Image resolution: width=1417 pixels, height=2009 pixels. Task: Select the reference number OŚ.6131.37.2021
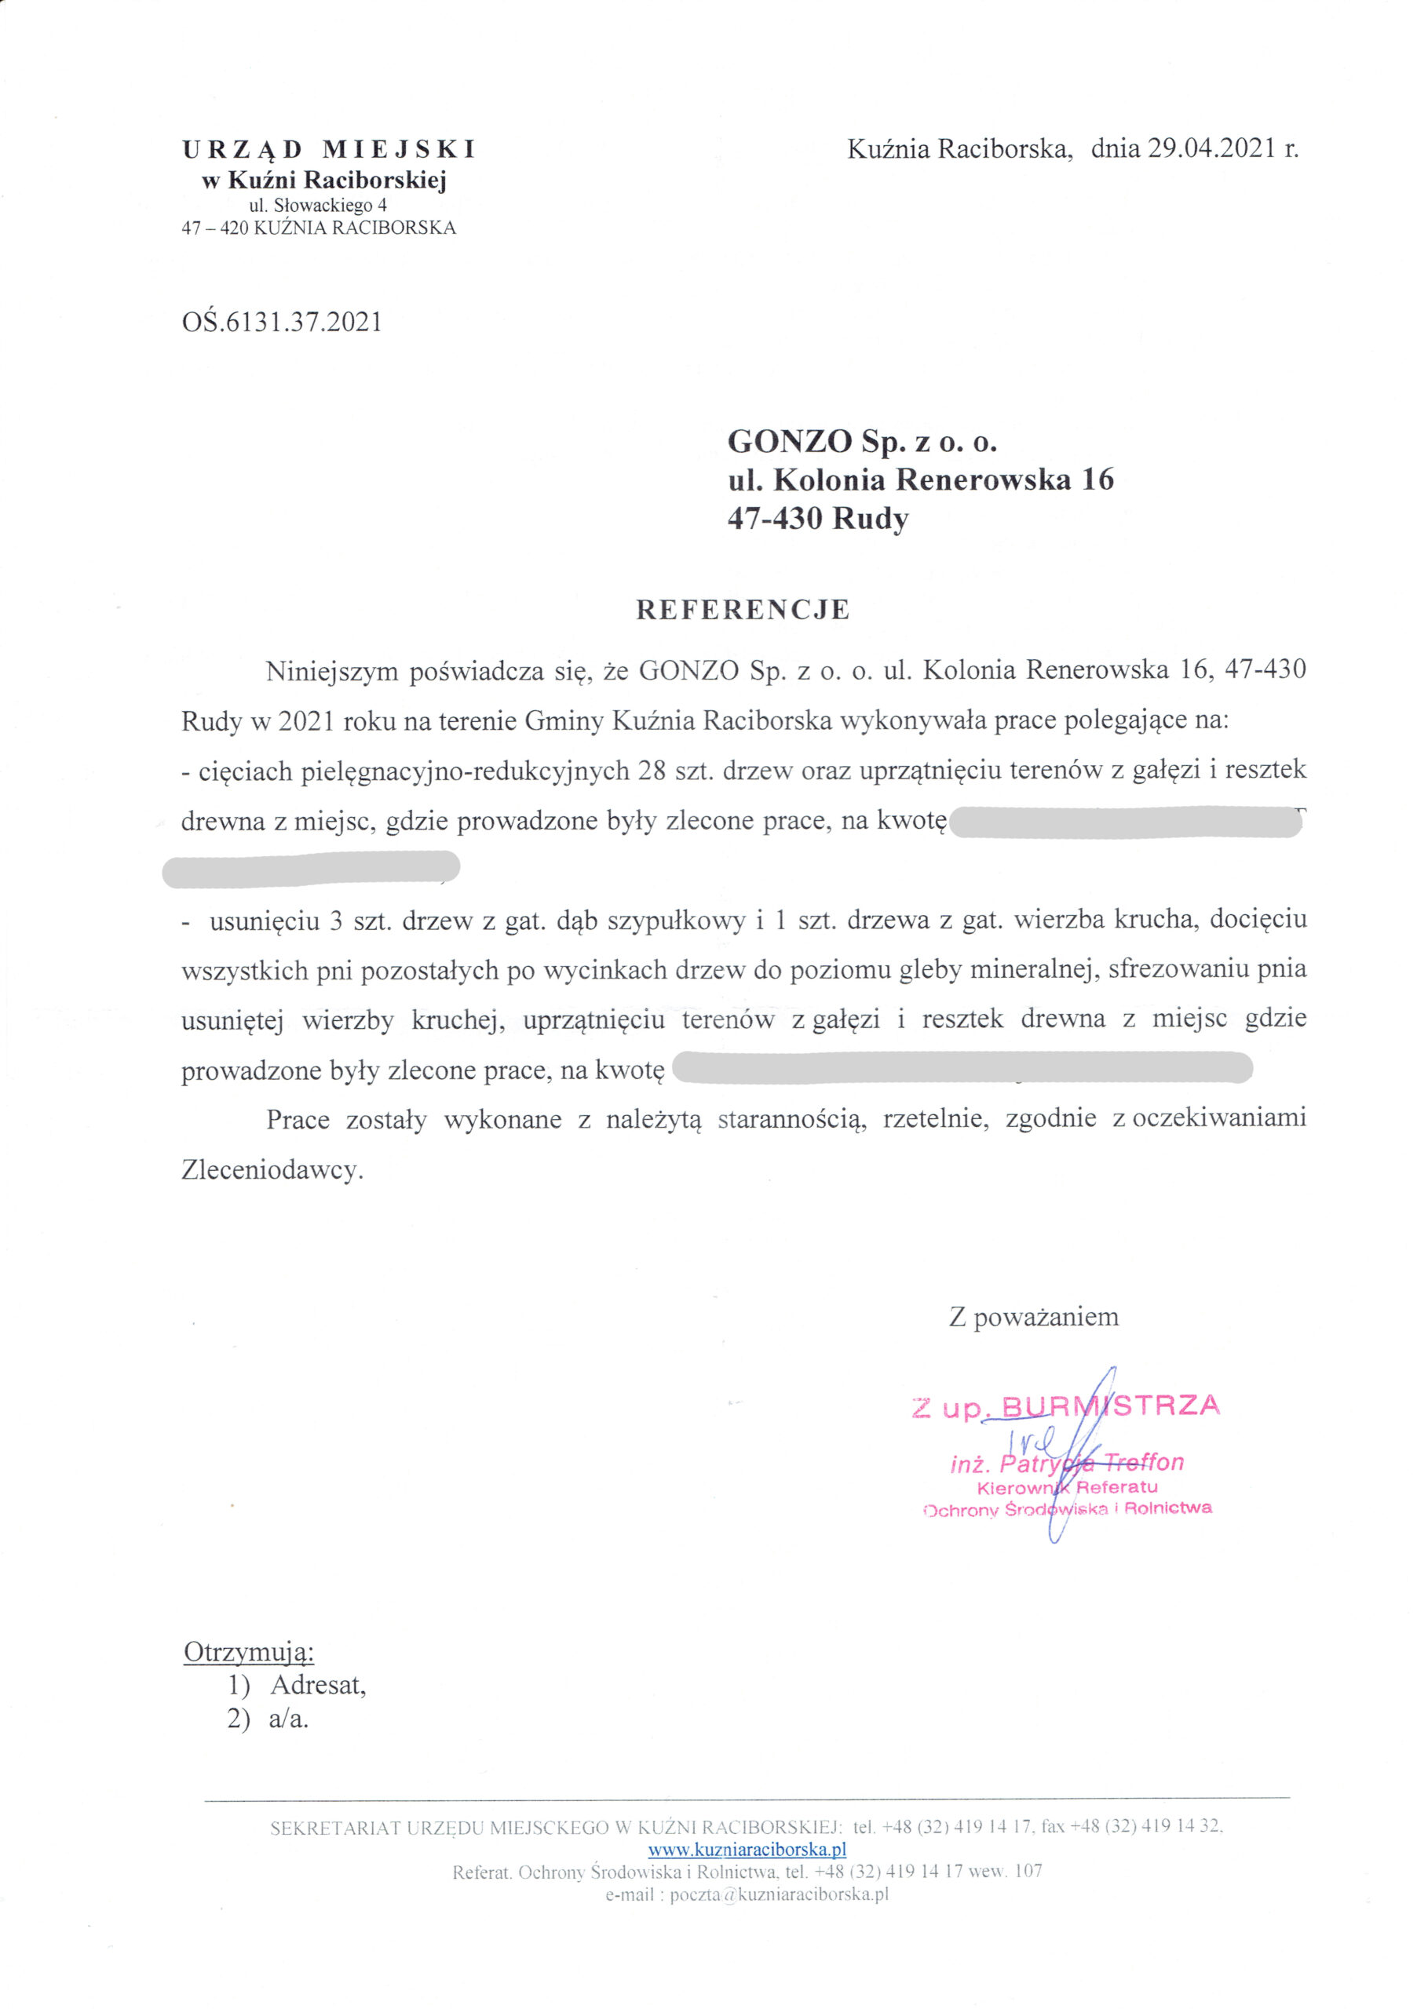[x=282, y=323]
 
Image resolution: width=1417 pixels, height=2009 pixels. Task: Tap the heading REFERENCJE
[x=742, y=610]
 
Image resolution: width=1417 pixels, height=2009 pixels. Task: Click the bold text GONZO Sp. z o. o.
[x=862, y=441]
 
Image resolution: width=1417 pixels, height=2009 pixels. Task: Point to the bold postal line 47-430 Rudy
[x=817, y=519]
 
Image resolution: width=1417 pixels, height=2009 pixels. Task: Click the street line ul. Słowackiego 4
[x=318, y=206]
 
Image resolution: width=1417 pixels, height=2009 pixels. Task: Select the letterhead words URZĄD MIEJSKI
[x=329, y=150]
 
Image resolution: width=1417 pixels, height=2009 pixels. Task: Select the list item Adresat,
[x=318, y=1685]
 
